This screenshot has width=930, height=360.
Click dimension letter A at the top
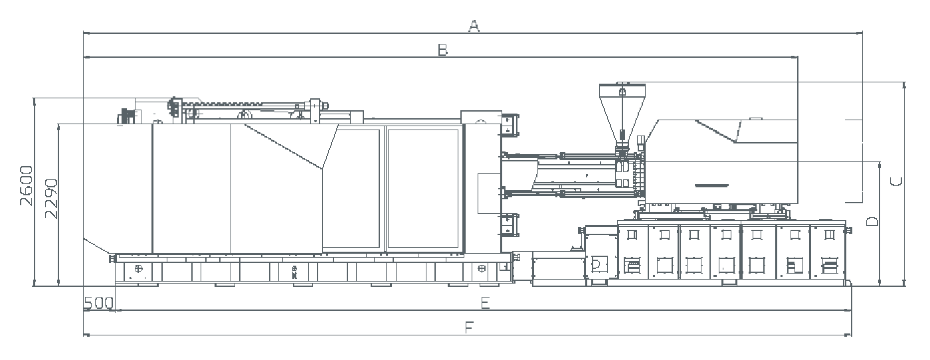[x=474, y=26]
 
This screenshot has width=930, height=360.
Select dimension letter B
[x=443, y=50]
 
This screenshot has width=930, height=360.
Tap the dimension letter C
[x=896, y=181]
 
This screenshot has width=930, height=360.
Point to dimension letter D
[x=872, y=222]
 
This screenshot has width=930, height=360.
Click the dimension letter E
[x=486, y=303]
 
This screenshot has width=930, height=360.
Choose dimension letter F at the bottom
[x=469, y=327]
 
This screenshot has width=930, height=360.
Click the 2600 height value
[x=26, y=185]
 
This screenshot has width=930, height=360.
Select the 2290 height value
[x=51, y=199]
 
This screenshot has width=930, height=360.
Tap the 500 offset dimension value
[x=98, y=303]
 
